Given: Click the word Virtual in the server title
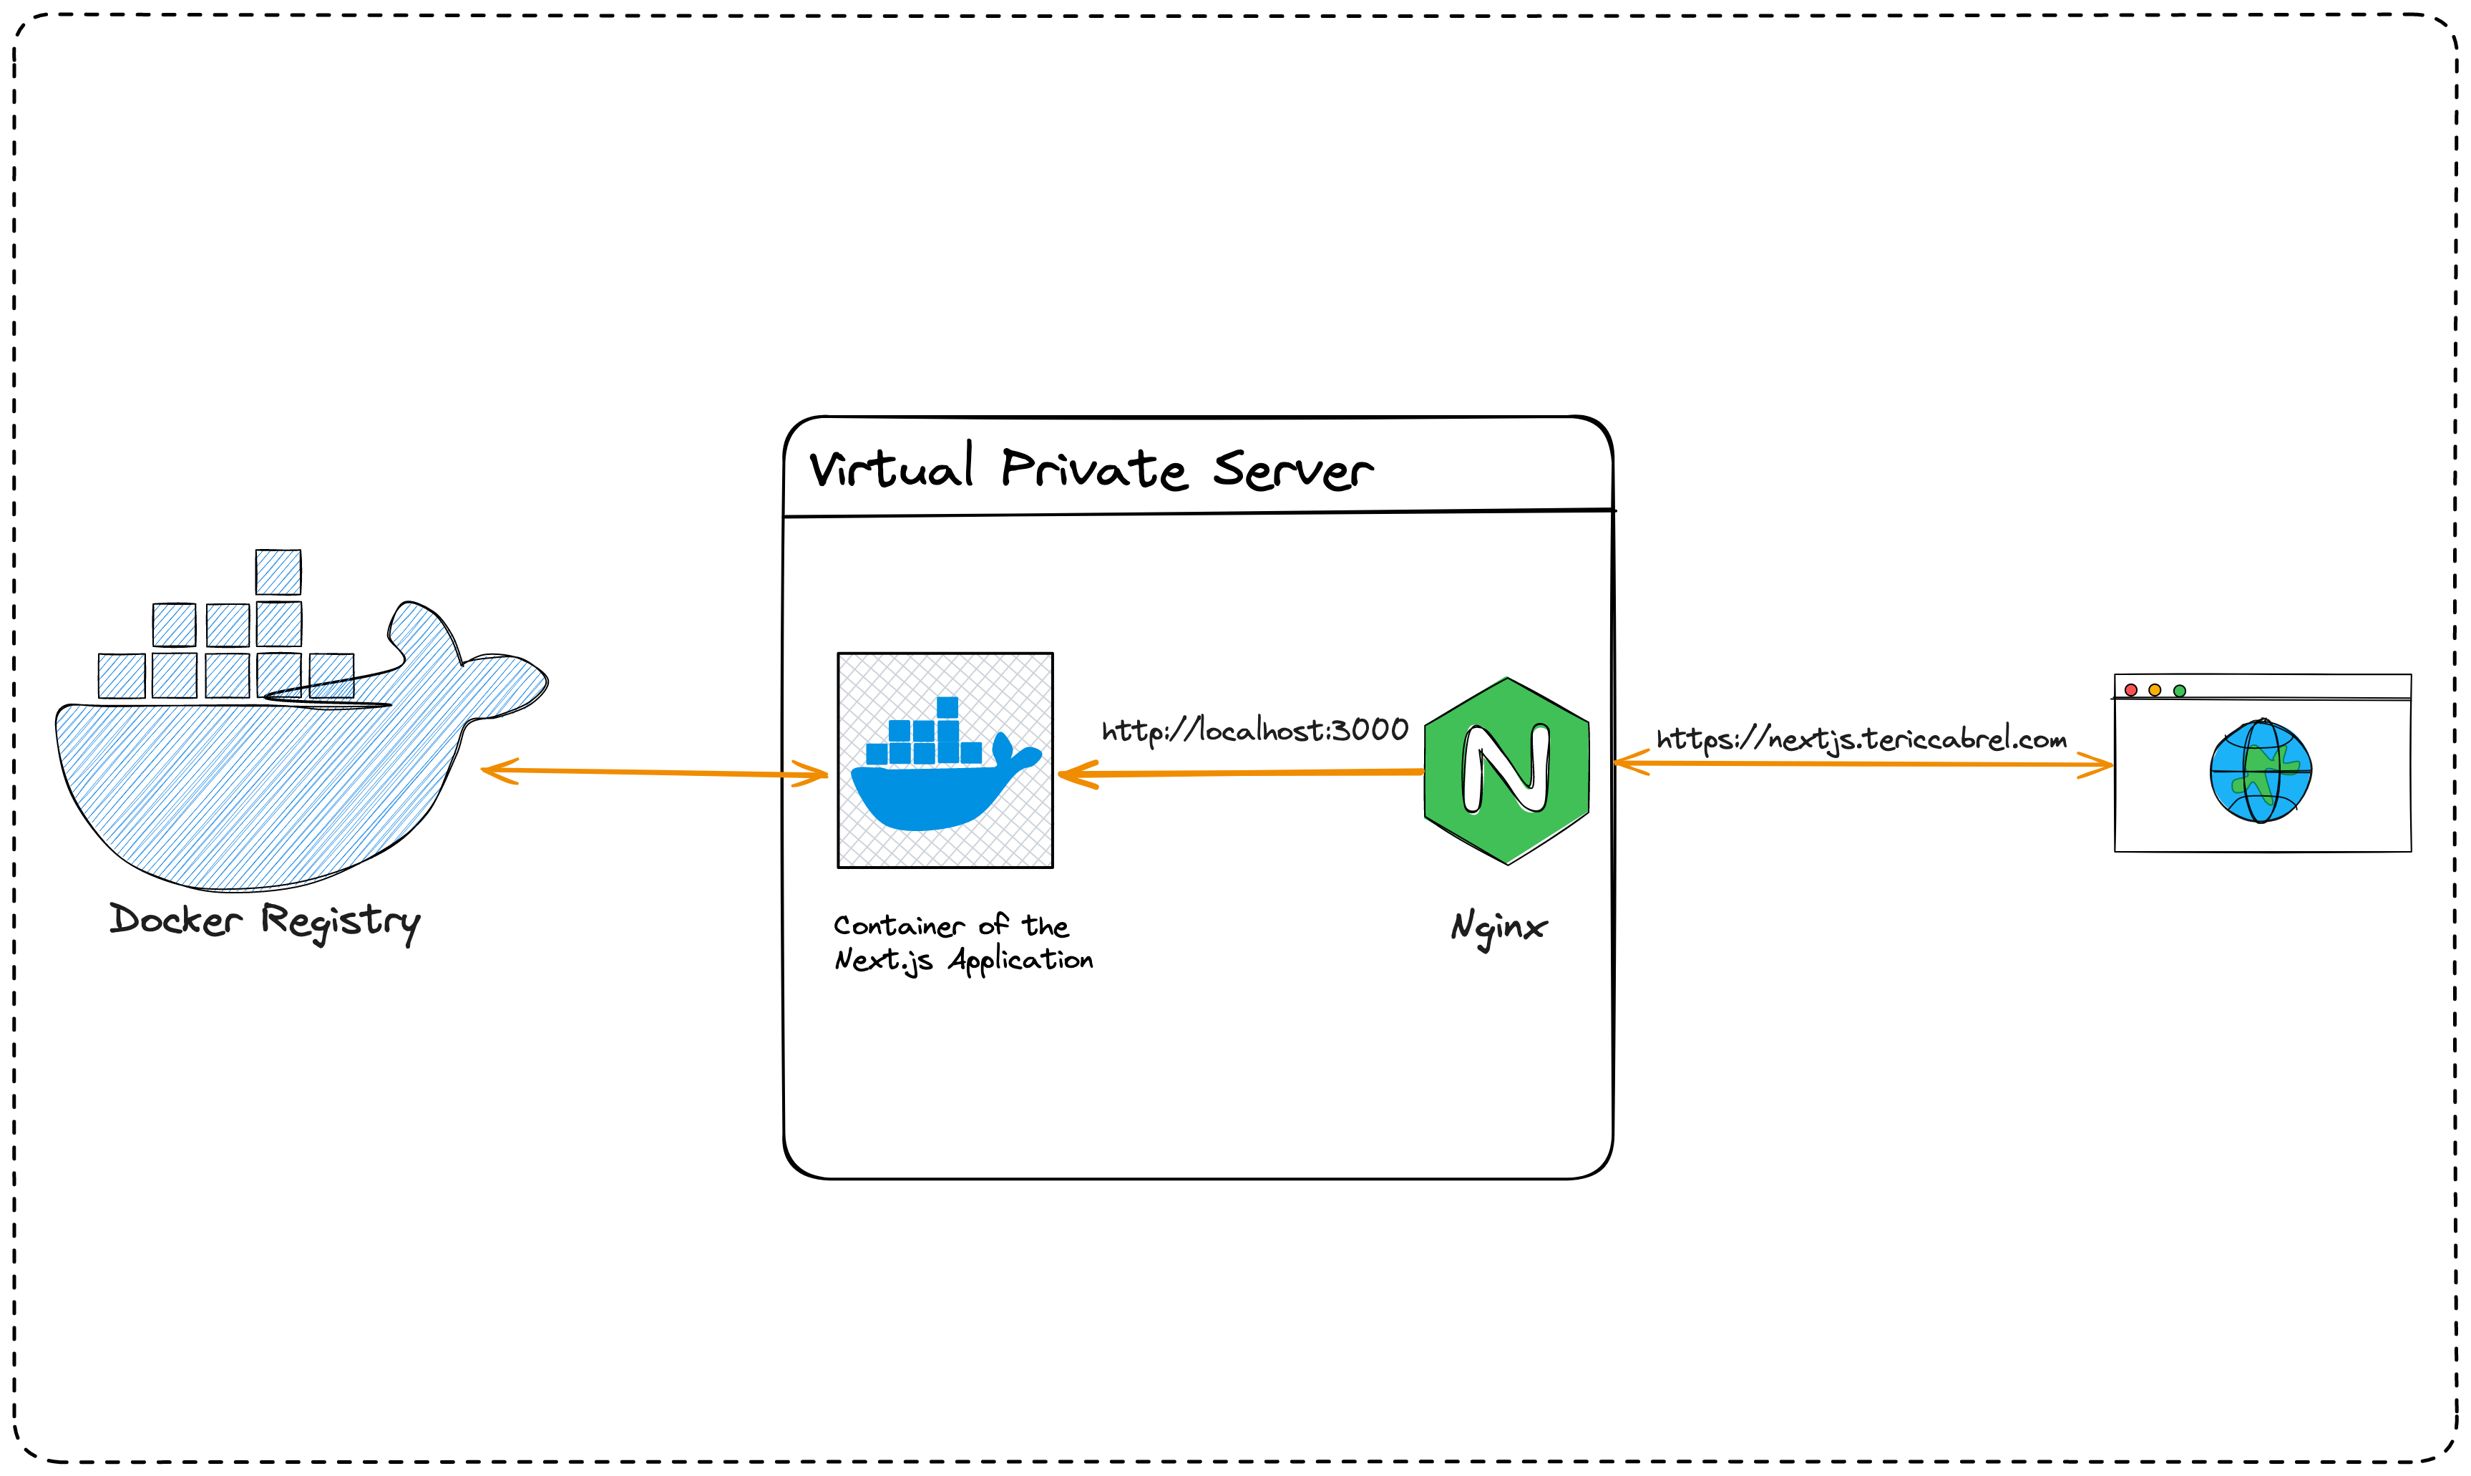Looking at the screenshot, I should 891,468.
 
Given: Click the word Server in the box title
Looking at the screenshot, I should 1292,470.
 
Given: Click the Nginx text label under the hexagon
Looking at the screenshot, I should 1498,927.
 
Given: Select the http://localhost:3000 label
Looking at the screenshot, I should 1255,731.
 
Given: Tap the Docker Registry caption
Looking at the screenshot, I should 265,921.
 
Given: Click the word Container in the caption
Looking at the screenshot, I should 898,926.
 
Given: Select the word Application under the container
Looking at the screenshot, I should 1020,961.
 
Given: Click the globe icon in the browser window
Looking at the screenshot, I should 2260,772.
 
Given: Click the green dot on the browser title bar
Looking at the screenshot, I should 2180,690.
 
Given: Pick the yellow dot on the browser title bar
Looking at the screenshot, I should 2155,690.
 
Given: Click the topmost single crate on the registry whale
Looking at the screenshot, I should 278,572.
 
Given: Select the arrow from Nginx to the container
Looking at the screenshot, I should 1243,773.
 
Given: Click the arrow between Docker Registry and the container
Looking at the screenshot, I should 653,772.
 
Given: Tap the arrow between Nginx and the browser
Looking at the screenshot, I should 1861,764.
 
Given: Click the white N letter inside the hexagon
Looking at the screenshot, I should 1506,768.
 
